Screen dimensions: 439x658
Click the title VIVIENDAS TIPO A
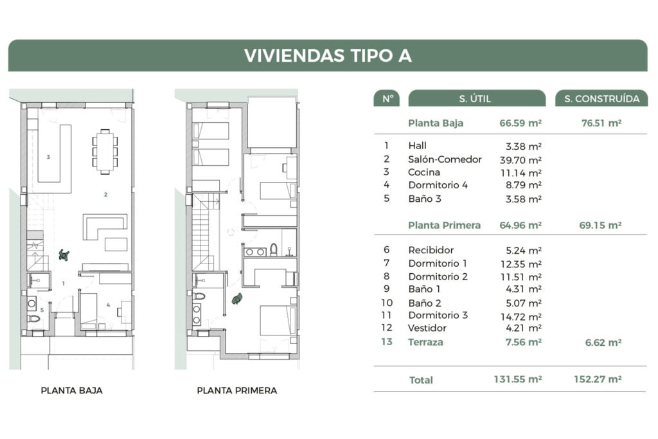[x=328, y=55]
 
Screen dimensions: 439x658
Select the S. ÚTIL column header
[x=475, y=98]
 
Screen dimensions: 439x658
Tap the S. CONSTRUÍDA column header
[x=601, y=98]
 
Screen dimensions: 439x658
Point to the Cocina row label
[x=423, y=172]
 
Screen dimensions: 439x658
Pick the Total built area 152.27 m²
[x=597, y=379]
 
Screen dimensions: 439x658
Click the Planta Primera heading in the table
[x=444, y=225]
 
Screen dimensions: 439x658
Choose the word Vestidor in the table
[x=427, y=328]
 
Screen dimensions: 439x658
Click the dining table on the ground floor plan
[x=105, y=152]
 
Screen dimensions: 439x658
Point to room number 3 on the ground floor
[x=48, y=157]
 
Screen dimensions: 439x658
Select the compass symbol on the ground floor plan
[x=64, y=255]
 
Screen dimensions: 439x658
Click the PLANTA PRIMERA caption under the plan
[x=236, y=390]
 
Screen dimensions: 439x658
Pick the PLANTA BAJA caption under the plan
[x=71, y=390]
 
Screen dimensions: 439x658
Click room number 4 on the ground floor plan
[x=109, y=305]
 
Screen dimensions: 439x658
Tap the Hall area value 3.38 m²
[x=524, y=146]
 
